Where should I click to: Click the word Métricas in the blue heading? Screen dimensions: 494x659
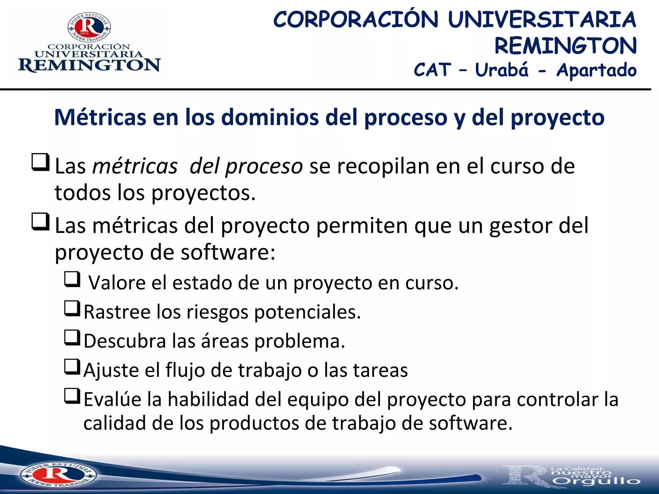click(x=100, y=117)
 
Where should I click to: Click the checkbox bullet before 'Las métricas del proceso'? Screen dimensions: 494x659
click(x=41, y=162)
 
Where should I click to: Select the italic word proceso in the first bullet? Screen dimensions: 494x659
click(x=264, y=167)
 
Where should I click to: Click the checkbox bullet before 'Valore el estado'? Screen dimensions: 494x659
click(x=72, y=279)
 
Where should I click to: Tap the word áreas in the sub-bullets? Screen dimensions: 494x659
click(x=225, y=341)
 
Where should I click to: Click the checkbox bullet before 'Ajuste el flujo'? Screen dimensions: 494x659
click(x=72, y=367)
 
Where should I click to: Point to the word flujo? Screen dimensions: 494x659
click(x=185, y=370)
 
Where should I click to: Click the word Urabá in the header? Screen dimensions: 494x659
click(x=502, y=70)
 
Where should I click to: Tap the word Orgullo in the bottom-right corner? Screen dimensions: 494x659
click(x=597, y=481)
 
